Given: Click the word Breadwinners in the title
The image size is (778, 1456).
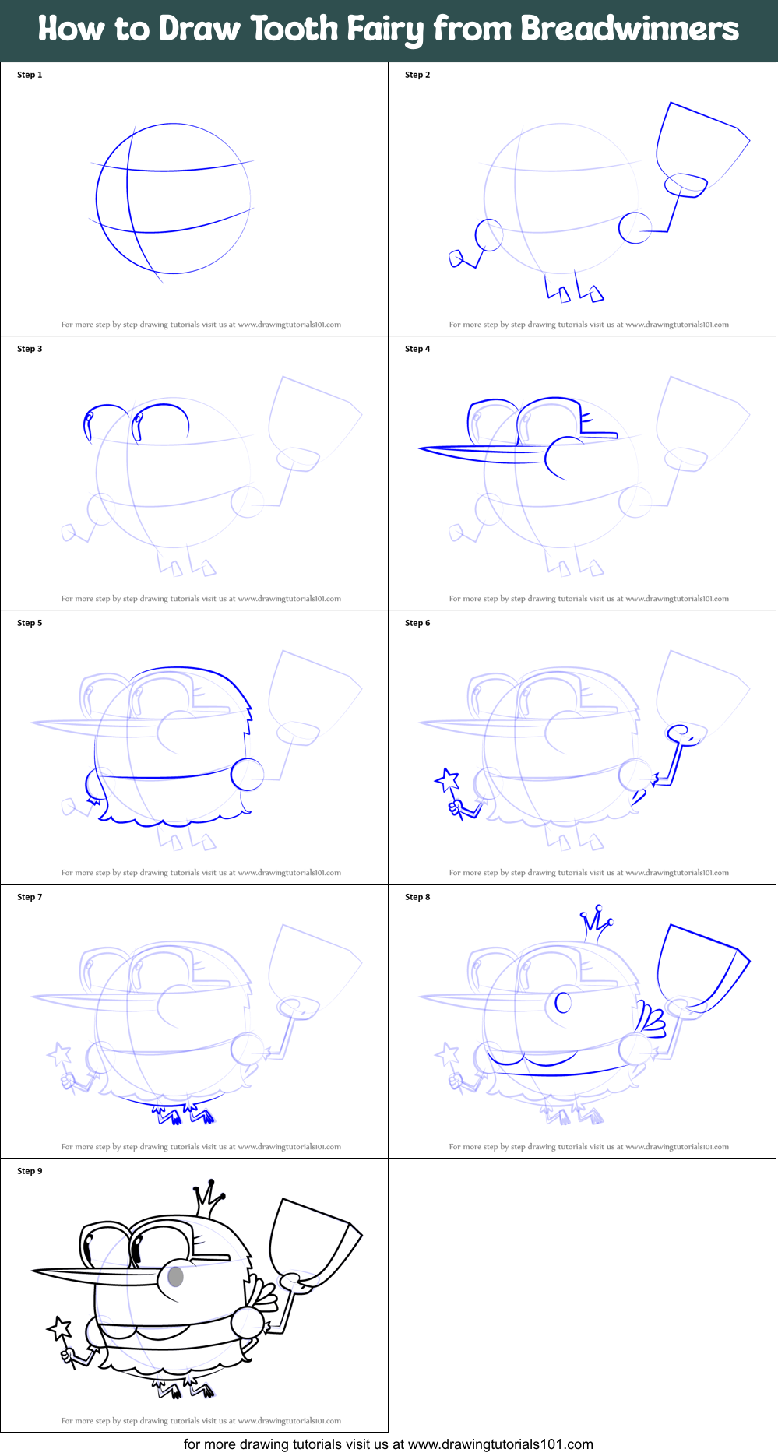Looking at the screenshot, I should point(629,29).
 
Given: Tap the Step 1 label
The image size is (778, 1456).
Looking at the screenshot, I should point(30,75).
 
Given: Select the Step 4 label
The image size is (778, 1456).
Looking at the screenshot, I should point(417,349).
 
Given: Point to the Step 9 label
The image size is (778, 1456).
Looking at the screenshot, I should point(30,1171).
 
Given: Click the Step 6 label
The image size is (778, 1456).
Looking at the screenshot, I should point(417,623).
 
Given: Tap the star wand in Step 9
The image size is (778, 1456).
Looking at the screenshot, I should point(60,1328).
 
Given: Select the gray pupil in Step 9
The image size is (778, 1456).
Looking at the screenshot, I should point(176,1276).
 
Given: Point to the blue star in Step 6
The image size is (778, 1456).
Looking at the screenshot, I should point(447,779).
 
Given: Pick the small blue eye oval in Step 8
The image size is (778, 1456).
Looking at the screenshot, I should point(563,1002).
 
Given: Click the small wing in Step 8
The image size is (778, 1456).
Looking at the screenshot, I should point(650,1020).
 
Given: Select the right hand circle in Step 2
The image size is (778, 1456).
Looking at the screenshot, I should point(635,228).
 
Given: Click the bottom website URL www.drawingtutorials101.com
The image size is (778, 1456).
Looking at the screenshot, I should point(500,1444).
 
